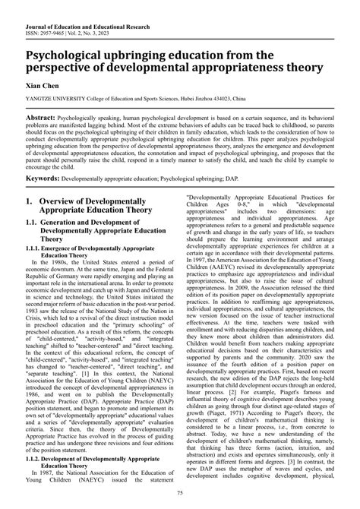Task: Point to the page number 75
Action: click(x=180, y=495)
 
